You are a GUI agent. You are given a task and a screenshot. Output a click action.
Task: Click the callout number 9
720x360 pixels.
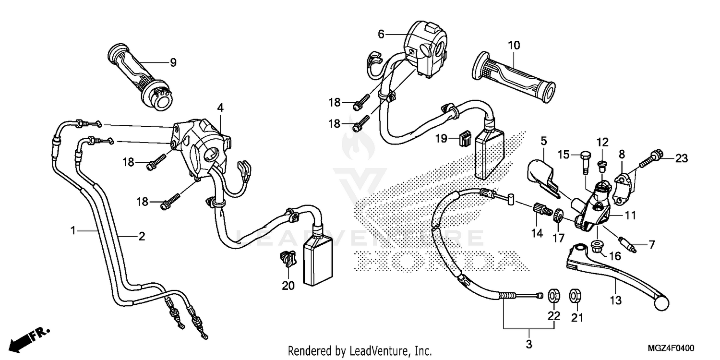click(x=173, y=62)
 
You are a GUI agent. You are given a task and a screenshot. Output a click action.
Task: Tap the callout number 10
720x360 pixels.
click(x=514, y=46)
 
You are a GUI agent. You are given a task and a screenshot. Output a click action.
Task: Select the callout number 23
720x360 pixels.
click(x=682, y=157)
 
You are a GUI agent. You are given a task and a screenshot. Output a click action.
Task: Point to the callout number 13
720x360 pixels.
click(x=616, y=300)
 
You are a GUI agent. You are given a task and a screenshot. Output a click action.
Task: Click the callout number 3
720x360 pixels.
click(x=529, y=344)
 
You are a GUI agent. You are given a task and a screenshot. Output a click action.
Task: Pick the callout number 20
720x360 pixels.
click(x=288, y=286)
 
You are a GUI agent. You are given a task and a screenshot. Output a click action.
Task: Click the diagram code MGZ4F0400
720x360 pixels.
click(x=672, y=348)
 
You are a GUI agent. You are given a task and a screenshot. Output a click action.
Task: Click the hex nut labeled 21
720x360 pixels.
click(x=574, y=295)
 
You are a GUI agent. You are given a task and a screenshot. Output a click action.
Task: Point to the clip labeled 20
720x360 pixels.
click(x=287, y=259)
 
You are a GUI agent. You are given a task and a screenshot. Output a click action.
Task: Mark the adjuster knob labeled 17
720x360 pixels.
click(x=558, y=215)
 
